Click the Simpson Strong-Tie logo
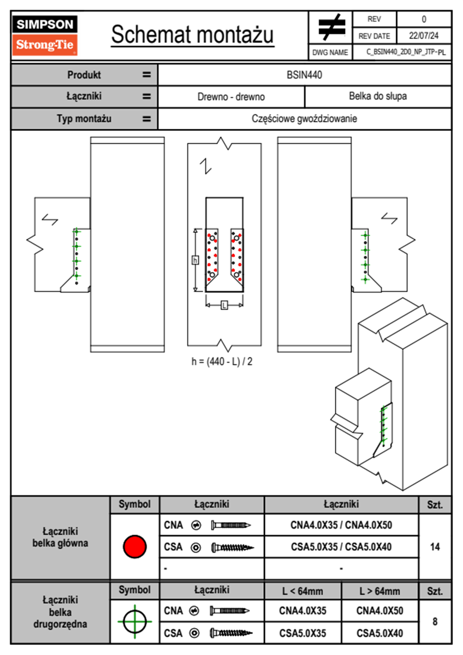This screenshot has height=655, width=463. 44,35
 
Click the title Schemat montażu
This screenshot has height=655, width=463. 192,34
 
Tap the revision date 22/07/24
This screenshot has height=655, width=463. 423,36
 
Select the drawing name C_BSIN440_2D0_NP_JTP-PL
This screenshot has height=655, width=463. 405,52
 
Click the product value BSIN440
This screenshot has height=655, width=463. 304,75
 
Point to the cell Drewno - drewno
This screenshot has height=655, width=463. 231,97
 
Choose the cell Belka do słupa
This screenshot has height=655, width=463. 378,96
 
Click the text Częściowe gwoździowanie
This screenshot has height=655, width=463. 304,118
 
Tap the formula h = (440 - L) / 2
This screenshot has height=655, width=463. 222,362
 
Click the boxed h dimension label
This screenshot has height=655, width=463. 195,260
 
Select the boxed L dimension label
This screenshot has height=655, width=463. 224,305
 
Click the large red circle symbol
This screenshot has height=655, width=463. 135,546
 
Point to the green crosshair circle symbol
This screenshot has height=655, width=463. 135,622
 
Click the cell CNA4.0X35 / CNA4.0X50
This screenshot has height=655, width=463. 341,525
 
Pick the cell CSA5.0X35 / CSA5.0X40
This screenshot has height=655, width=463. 341,547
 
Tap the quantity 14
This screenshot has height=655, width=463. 435,547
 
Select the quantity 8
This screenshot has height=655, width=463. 435,622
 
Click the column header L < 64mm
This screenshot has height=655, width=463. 303,591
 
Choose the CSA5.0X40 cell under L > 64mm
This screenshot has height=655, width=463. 380,633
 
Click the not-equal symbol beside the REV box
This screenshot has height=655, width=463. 331,27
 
